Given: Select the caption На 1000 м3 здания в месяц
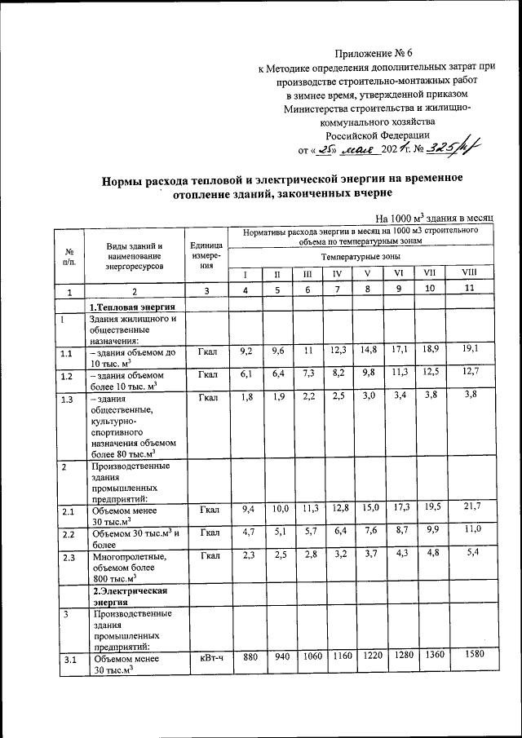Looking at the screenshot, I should (x=435, y=219).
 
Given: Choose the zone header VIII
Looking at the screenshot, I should (x=468, y=272).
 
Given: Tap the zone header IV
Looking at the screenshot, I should (x=335, y=273).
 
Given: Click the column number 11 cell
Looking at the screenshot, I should (x=468, y=290).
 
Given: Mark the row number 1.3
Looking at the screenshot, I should (x=69, y=399).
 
